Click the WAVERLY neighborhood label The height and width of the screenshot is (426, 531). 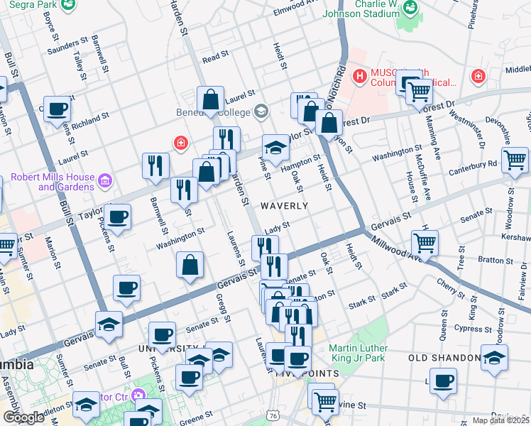284,206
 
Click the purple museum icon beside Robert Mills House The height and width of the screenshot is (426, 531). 105,181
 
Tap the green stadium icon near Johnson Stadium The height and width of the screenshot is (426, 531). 410,8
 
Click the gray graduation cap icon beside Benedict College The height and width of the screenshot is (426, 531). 261,111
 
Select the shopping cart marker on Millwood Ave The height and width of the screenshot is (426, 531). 425,243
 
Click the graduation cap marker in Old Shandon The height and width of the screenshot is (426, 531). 495,358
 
